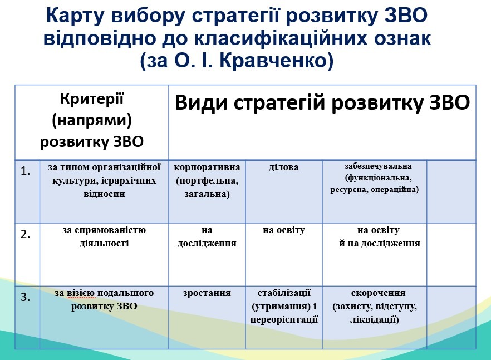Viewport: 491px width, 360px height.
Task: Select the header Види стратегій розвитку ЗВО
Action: (322, 103)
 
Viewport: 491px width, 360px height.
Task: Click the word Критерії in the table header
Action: (92, 100)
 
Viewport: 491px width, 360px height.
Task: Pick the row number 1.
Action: (25, 171)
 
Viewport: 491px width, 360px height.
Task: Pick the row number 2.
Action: (25, 234)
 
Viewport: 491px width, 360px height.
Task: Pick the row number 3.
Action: (25, 297)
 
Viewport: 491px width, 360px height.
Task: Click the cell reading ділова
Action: (284, 167)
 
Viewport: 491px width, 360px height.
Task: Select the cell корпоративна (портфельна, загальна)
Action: (207, 181)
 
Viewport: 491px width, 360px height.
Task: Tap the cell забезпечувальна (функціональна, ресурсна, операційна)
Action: (375, 178)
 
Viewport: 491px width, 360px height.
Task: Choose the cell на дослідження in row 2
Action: (207, 236)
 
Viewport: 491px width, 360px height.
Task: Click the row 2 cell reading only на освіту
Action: (284, 230)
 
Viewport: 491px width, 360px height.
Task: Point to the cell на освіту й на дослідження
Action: (379, 236)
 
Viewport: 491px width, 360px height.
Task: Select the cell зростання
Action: (207, 293)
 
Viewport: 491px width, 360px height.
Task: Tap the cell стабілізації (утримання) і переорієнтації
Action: (284, 306)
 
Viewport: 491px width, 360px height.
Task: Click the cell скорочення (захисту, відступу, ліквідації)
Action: (375, 306)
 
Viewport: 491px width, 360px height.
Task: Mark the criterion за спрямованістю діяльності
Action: (104, 236)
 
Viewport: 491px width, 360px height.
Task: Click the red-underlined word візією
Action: (81, 293)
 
